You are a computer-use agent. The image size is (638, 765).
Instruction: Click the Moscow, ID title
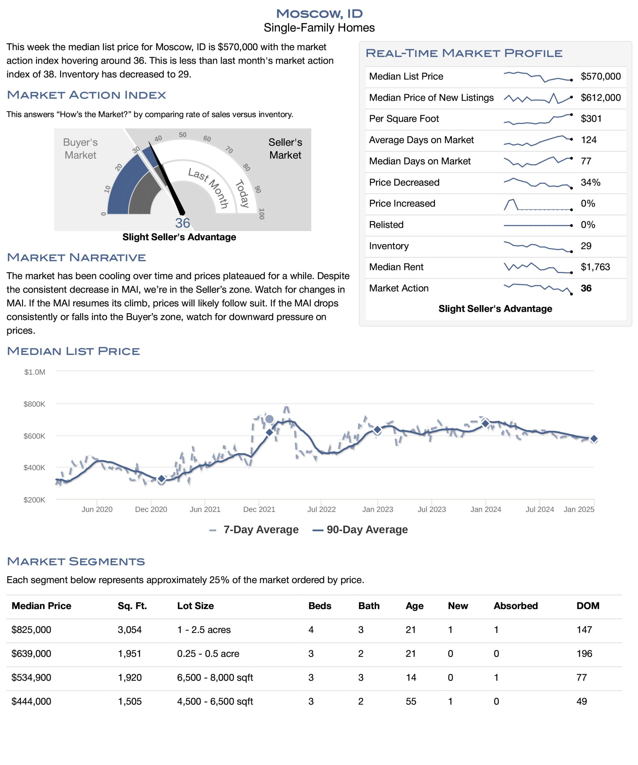coord(319,14)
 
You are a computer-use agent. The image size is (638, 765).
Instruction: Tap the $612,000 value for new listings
coord(600,98)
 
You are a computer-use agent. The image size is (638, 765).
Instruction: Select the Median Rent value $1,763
coord(595,267)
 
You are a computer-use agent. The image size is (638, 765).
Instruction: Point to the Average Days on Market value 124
coord(588,140)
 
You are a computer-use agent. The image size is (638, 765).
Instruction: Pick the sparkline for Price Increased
coord(538,205)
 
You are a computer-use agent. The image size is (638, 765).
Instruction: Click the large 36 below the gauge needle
coord(183,223)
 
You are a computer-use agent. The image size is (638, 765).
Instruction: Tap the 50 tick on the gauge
coord(183,135)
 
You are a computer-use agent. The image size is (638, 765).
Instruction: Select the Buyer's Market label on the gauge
coord(80,149)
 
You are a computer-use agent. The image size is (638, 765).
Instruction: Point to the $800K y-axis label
coord(34,404)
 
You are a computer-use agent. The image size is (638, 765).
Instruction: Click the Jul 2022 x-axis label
coord(321,509)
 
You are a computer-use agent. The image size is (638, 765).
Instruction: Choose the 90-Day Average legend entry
coord(360,530)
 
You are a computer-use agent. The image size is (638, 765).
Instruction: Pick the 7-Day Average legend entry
coord(254,530)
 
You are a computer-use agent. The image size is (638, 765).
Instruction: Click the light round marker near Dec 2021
coord(269,419)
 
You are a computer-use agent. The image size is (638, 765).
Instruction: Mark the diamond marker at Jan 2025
coord(594,439)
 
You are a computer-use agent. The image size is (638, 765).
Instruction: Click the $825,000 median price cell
coord(31,630)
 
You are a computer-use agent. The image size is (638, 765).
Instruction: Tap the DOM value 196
coord(584,654)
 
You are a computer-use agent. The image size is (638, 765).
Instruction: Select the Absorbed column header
coord(515,605)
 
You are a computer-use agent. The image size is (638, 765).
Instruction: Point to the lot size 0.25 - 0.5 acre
coord(208,654)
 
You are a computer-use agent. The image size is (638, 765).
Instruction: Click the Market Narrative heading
coord(77,258)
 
